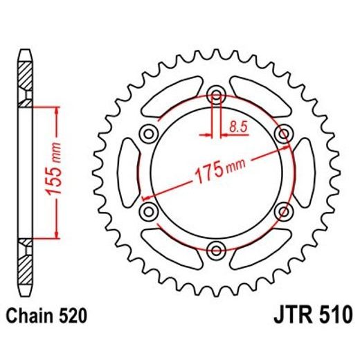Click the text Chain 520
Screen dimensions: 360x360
(47, 318)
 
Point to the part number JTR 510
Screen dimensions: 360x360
(308, 318)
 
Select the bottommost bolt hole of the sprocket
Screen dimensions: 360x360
(216, 250)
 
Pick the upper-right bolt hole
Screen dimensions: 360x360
(283, 133)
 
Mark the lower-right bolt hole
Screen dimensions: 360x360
(283, 210)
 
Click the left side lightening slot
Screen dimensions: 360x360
(129, 172)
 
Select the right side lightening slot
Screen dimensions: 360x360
(303, 172)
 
